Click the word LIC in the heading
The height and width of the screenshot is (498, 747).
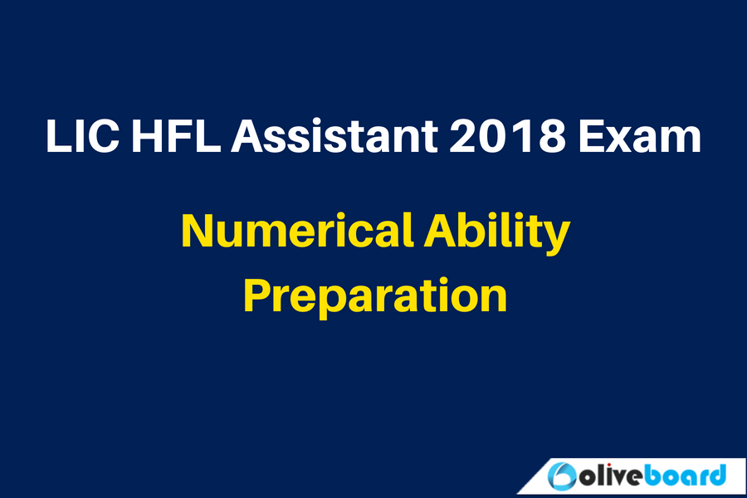[82, 136]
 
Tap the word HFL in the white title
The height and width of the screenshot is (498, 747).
[177, 136]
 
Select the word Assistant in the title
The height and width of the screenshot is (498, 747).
[334, 136]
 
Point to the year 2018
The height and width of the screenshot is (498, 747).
[508, 136]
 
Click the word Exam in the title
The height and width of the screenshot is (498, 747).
[640, 136]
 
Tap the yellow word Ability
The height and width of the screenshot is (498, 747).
[497, 233]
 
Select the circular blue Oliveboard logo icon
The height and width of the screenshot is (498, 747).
[562, 476]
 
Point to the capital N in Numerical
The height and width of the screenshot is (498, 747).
[198, 230]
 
